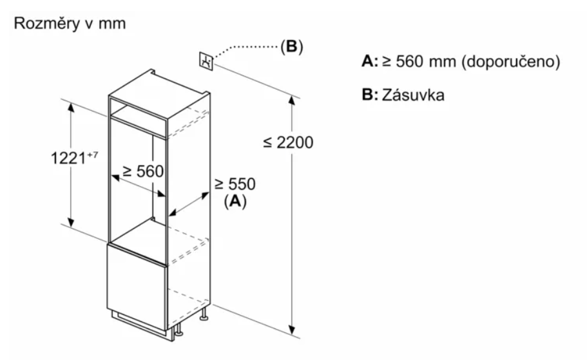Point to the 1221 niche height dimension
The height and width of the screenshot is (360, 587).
tap(67, 158)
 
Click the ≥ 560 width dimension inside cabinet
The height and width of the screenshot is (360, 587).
tap(141, 171)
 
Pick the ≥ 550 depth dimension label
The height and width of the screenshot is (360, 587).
tap(235, 184)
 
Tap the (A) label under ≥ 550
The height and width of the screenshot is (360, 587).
tap(235, 201)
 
